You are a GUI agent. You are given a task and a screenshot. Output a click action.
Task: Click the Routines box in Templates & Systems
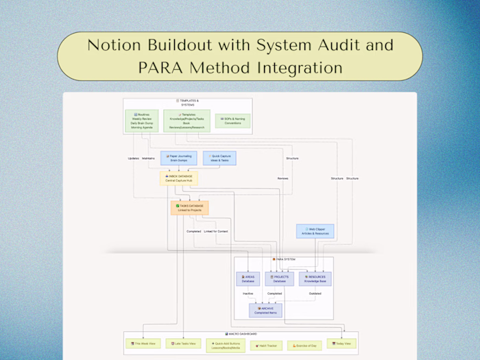[x=142, y=121]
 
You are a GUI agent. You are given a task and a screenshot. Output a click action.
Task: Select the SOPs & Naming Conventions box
[x=232, y=121]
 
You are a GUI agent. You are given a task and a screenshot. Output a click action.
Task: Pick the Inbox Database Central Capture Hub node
[x=179, y=178]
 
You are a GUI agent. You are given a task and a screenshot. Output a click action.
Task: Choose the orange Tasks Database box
[x=189, y=208]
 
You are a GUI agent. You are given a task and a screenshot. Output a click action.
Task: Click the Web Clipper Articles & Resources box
[x=315, y=232]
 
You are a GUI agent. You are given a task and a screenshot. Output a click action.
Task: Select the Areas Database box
[x=248, y=278]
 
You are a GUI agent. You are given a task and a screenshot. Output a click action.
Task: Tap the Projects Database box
[x=280, y=278]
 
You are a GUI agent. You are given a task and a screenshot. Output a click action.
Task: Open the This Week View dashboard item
[x=142, y=344]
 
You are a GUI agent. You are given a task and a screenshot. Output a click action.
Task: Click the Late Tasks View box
[x=183, y=344]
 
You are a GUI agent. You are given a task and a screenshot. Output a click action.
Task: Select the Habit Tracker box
[x=266, y=346]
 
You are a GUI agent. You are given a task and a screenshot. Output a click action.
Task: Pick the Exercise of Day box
[x=304, y=346]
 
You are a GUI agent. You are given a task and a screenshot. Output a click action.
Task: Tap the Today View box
[x=342, y=344]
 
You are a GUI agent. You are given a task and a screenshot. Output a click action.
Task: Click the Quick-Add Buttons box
[x=226, y=345]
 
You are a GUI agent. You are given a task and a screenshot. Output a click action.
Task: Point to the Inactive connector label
[x=248, y=293]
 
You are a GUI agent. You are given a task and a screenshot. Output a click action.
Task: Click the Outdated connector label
[x=315, y=293]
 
